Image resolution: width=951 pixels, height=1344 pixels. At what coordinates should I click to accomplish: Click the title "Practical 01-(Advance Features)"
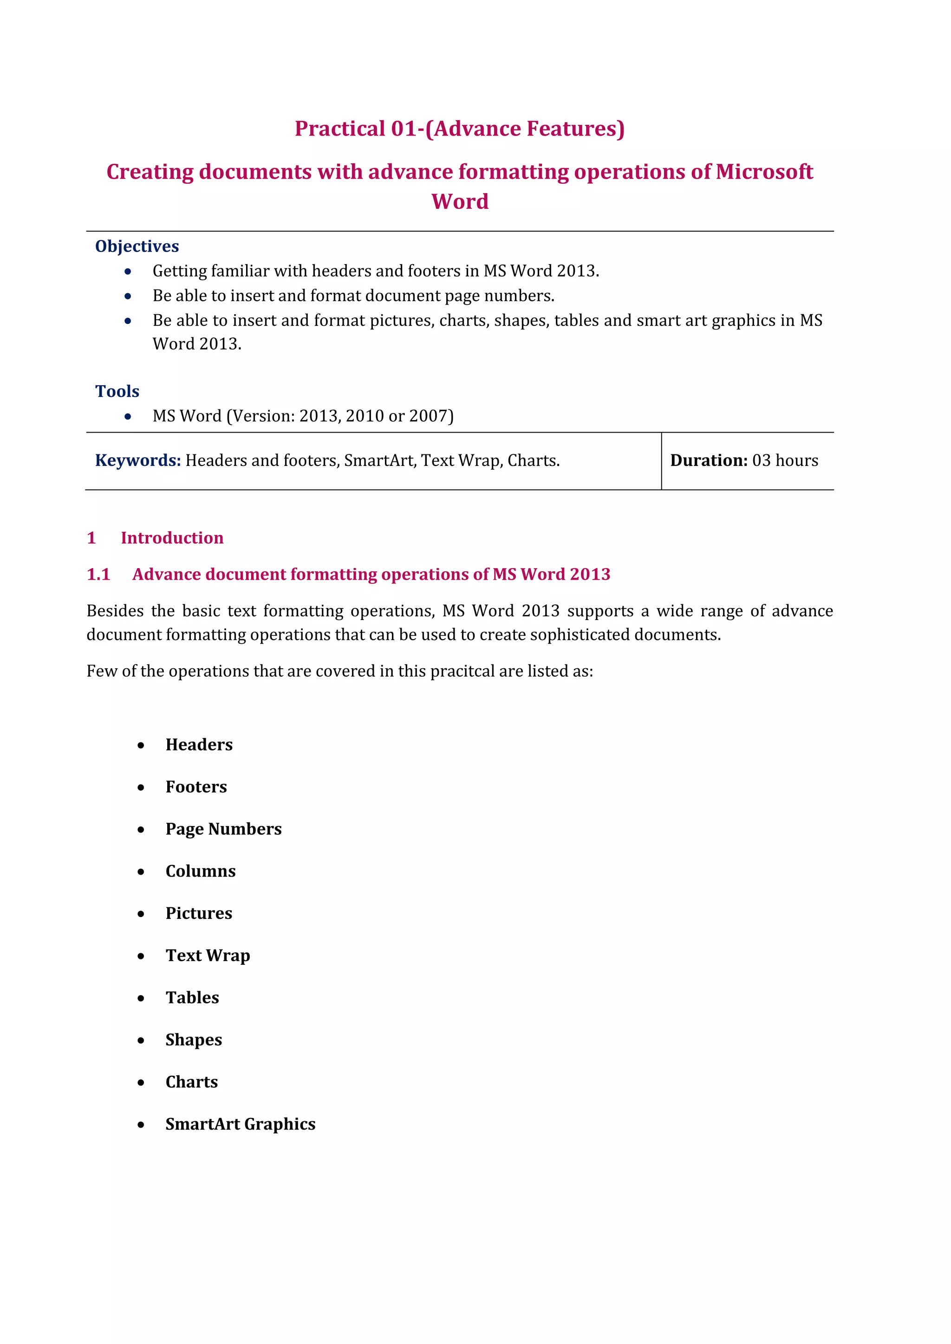click(460, 129)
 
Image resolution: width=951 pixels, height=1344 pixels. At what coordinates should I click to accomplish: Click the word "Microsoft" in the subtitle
click(764, 172)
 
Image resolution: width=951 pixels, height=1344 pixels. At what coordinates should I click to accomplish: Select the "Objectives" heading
click(137, 246)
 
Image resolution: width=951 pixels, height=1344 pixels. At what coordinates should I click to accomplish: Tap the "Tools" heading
click(117, 391)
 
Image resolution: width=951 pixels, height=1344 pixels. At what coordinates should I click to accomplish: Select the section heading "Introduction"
click(172, 538)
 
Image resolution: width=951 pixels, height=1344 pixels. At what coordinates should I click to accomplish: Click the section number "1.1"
click(98, 574)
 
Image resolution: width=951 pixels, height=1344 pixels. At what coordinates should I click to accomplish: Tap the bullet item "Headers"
click(199, 744)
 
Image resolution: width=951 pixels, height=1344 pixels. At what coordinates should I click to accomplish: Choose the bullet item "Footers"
click(196, 787)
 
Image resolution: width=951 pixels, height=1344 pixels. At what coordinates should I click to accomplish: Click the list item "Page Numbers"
click(224, 829)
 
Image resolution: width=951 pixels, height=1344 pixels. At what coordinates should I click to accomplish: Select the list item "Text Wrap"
click(208, 955)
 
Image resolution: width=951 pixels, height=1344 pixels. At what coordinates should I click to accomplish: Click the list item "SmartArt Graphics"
click(241, 1124)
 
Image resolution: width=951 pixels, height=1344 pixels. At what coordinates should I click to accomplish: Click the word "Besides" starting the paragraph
click(115, 611)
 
